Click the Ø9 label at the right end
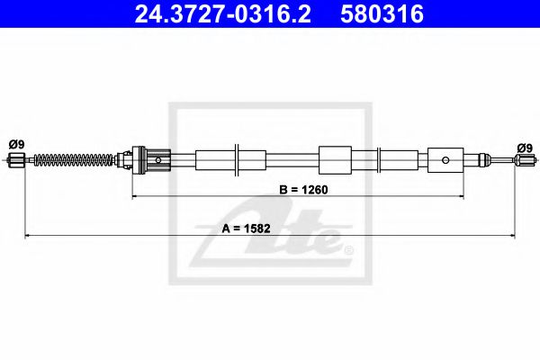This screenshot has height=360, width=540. (524, 148)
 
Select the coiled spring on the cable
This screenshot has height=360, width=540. (76, 161)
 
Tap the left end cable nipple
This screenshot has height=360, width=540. (15, 161)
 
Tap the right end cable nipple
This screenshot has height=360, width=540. (524, 162)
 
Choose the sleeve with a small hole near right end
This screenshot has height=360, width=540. (445, 161)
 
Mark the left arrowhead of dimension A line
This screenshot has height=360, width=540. (27, 237)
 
